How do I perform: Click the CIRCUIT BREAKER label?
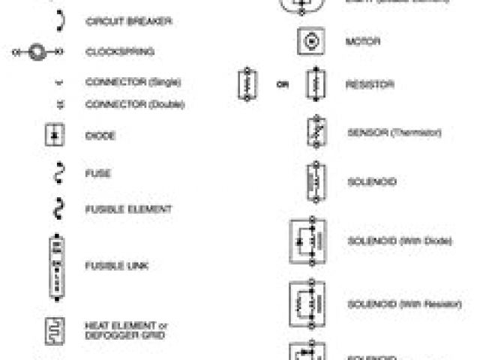tap(128, 22)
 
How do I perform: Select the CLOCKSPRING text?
tap(120, 52)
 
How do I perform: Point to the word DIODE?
tap(101, 136)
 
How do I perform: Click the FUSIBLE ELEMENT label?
tap(128, 209)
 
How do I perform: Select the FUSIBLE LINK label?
tap(115, 266)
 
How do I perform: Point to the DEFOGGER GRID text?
tap(124, 335)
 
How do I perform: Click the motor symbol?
tap(310, 41)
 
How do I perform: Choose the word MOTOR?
tap(363, 41)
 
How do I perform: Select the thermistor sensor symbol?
tap(315, 133)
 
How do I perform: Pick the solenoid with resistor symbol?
tap(307, 304)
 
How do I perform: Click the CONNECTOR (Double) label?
tap(135, 104)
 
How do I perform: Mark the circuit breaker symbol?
tap(58, 21)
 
